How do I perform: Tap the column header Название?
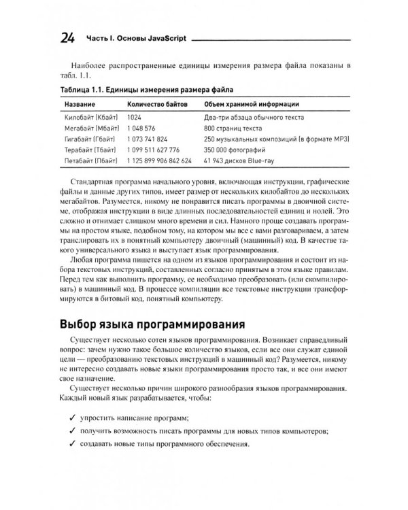[x=80, y=103]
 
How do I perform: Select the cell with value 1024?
[x=134, y=118]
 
